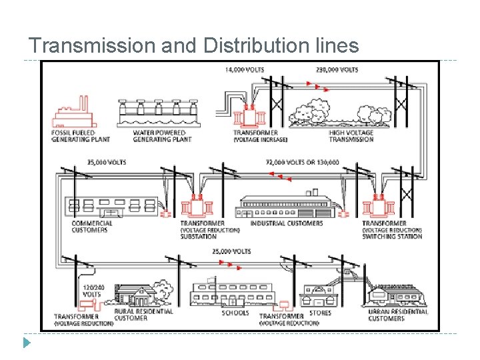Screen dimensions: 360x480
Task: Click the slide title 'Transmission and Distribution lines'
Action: [x=194, y=46]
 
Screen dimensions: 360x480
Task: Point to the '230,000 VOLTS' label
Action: [x=337, y=69]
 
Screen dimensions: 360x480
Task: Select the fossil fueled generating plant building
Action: [x=72, y=114]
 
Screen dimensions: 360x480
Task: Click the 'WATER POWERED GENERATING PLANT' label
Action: [x=162, y=136]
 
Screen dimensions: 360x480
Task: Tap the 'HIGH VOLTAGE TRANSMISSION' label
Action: [x=351, y=136]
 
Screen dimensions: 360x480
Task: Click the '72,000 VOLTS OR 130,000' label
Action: [x=302, y=162]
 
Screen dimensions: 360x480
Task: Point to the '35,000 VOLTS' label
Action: [x=107, y=162]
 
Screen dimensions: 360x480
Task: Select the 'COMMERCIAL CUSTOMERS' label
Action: [x=92, y=227]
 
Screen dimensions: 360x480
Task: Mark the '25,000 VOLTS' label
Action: [x=231, y=251]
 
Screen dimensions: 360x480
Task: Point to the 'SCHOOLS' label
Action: [x=235, y=313]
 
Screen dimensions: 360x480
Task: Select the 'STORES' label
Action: [x=320, y=313]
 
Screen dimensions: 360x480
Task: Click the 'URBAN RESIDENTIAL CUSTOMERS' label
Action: [x=398, y=315]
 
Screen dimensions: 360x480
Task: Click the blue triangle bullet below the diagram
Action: [x=26, y=343]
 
